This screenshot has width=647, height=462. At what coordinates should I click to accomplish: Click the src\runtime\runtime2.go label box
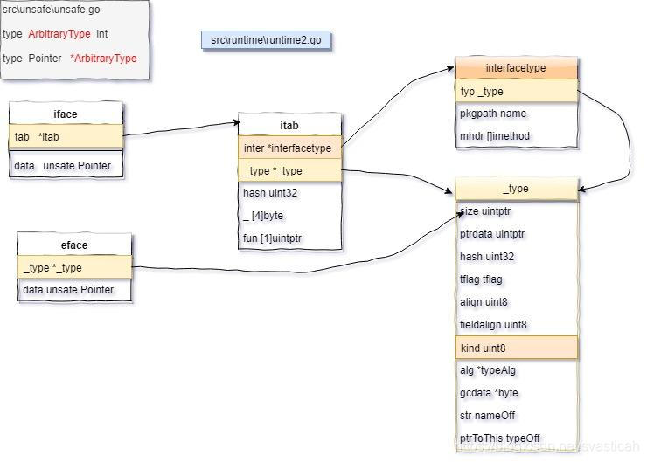[x=267, y=40]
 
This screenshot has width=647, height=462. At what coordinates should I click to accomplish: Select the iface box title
[x=66, y=114]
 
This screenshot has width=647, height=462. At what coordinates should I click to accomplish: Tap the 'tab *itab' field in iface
[x=66, y=136]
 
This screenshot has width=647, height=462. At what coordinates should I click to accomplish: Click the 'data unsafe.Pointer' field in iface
[x=66, y=166]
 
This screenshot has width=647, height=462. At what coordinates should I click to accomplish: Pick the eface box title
[x=74, y=245]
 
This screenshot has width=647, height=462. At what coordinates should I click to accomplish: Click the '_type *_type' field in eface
[x=74, y=268]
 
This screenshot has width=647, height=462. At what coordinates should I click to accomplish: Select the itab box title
[x=289, y=126]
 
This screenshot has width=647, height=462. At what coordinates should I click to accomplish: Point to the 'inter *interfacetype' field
[x=289, y=148]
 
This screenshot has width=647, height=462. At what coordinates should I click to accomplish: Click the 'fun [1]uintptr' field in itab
[x=289, y=238]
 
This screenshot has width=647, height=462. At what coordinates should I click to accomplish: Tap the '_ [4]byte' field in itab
[x=289, y=216]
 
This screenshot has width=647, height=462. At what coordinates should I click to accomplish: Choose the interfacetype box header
[x=516, y=68]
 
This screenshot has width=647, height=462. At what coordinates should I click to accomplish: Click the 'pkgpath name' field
[x=516, y=114]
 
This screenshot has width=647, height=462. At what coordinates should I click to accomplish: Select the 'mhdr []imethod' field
[x=516, y=136]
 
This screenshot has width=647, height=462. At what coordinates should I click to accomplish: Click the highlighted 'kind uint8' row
[x=516, y=348]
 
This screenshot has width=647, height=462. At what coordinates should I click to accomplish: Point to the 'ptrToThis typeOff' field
[x=516, y=438]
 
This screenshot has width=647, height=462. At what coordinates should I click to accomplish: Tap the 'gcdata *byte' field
[x=516, y=393]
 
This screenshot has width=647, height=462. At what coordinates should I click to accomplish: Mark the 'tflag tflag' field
[x=516, y=279]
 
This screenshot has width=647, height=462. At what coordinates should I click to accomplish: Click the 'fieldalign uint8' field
[x=516, y=325]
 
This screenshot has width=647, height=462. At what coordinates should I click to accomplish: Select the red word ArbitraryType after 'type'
[x=59, y=34]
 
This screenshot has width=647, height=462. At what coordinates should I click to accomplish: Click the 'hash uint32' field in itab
[x=289, y=193]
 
